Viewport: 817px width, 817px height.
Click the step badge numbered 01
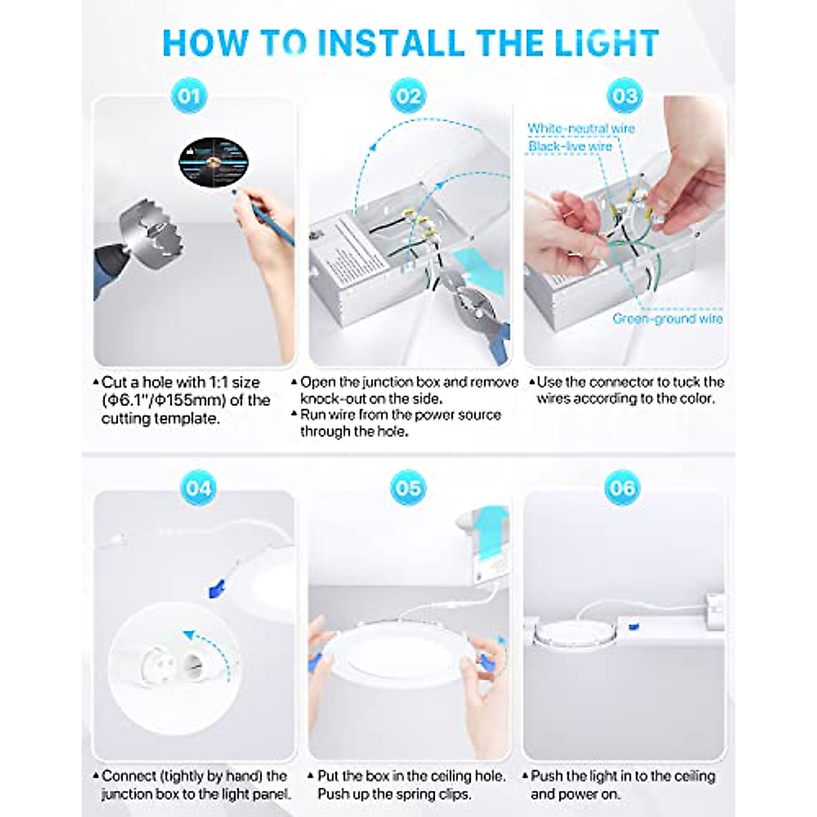point(189,96)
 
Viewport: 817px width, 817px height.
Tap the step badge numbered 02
point(408,96)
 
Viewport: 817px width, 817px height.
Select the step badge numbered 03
point(624,96)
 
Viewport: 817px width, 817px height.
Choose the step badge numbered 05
point(408,488)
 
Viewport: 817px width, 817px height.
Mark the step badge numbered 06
point(622,488)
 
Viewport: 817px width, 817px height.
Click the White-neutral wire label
point(581,129)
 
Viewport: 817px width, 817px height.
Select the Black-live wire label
point(570,146)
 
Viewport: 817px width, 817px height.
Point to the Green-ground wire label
point(667,319)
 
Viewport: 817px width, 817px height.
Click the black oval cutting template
point(213,163)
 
